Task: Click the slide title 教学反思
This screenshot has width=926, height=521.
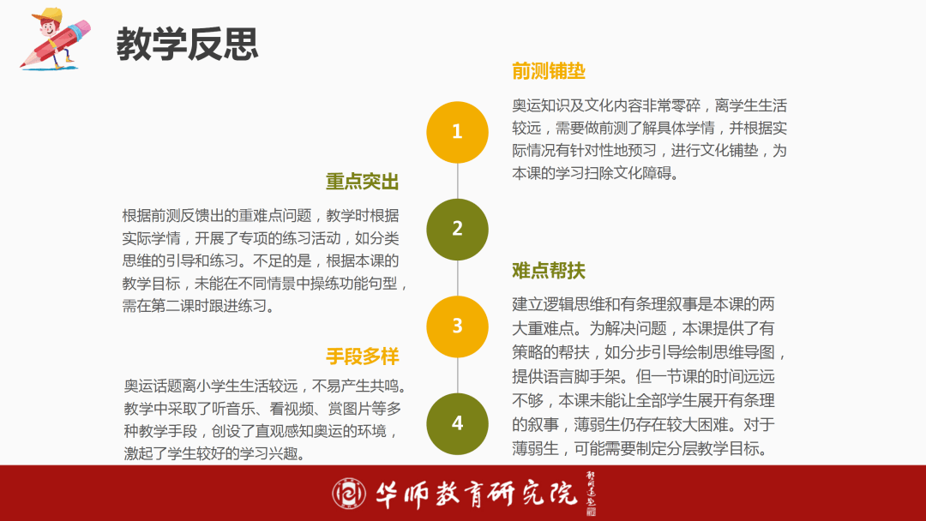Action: tap(187, 44)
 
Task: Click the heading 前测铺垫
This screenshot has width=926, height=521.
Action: tap(549, 71)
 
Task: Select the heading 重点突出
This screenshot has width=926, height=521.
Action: tap(362, 182)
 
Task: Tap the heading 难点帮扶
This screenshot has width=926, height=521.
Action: tap(549, 271)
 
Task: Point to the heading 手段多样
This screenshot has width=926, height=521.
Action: tap(362, 356)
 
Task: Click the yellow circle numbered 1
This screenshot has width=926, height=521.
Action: tap(457, 132)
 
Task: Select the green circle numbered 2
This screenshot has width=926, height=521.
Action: tap(457, 230)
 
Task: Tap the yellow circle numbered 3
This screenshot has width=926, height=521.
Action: tap(457, 326)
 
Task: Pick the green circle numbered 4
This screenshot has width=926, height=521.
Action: tap(457, 423)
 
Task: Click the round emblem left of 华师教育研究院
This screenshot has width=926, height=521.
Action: tap(348, 494)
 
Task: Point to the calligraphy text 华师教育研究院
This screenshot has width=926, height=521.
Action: tap(476, 494)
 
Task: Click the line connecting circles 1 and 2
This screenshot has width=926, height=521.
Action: tap(458, 181)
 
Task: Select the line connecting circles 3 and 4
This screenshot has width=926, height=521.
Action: tap(458, 375)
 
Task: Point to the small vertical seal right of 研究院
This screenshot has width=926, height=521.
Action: tap(591, 494)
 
